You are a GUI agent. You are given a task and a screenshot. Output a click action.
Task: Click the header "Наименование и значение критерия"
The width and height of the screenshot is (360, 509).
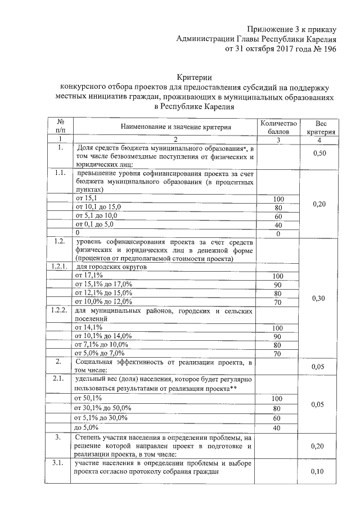(x=164, y=127)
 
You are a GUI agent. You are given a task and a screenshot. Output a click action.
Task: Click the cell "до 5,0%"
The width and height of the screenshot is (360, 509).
(x=88, y=427)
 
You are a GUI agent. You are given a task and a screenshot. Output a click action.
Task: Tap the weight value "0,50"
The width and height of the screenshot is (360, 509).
(x=319, y=153)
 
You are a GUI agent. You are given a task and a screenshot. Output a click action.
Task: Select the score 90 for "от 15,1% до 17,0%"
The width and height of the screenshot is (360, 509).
(x=277, y=285)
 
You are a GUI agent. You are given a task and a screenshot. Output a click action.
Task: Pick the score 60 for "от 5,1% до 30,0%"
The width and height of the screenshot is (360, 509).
(x=277, y=418)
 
